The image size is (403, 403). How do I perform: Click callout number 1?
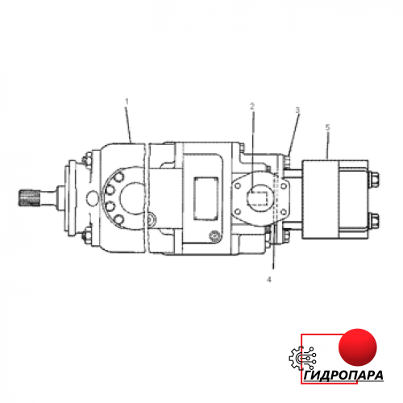127,102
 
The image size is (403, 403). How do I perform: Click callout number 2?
251,106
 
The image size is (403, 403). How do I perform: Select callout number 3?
297,110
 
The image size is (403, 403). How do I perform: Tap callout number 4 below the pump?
269,280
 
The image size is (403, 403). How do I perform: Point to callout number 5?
327,127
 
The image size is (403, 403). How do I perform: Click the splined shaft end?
29,198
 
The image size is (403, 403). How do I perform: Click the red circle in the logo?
358,347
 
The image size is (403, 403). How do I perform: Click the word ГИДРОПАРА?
343,375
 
